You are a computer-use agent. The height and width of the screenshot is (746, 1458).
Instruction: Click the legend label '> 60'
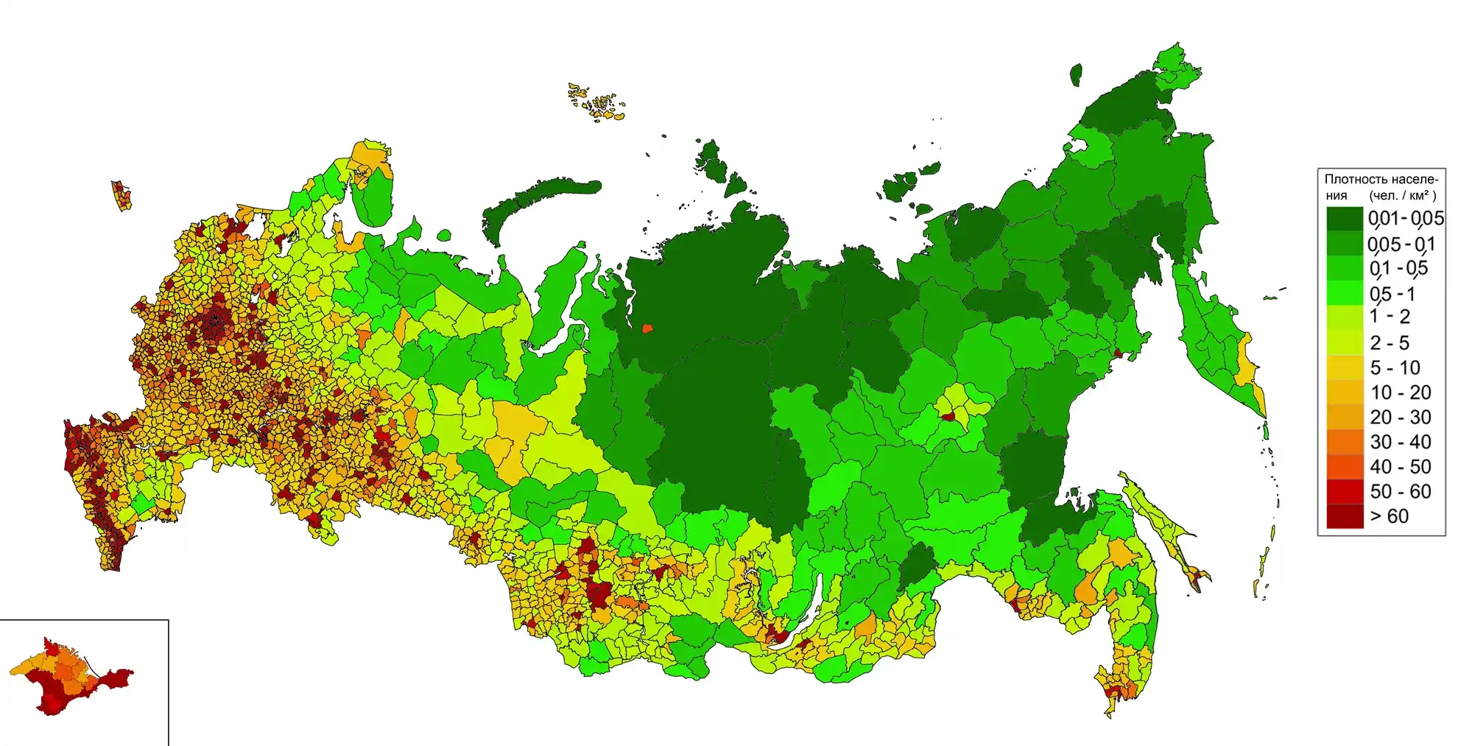point(1389,516)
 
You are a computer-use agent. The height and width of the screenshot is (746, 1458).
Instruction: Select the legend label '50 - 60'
point(1400,491)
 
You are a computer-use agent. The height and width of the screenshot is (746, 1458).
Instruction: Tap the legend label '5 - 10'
point(1395,367)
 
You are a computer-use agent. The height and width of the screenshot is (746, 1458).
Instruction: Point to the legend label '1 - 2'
point(1390,317)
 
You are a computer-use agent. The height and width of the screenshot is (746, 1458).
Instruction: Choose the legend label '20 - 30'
point(1400,417)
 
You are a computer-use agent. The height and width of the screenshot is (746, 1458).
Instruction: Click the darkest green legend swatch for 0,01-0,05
point(1345,219)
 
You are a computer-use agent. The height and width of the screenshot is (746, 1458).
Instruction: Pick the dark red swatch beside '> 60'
point(1345,516)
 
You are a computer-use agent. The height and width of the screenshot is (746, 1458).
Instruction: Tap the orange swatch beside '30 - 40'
point(1345,442)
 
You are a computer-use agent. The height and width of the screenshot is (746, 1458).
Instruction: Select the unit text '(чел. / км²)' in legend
point(1403,195)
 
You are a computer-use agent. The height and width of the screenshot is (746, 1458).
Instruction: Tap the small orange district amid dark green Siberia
point(647,328)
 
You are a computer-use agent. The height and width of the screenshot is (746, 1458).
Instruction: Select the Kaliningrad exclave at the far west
point(121,195)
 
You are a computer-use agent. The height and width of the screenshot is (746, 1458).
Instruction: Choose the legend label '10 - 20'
point(1400,393)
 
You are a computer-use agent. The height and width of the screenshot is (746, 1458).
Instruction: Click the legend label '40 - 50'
point(1400,466)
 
